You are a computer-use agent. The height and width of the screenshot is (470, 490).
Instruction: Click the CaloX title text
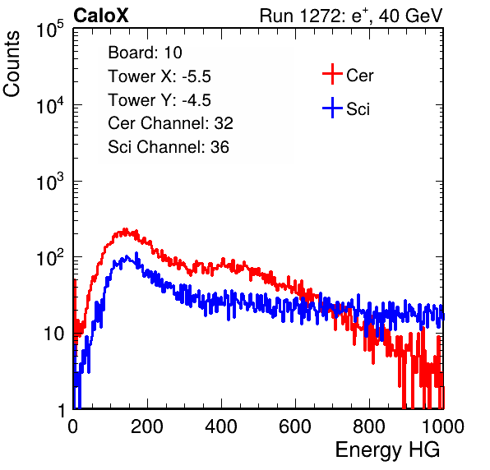(x=101, y=16)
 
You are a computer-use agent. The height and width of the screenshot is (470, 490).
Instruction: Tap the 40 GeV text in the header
(x=410, y=16)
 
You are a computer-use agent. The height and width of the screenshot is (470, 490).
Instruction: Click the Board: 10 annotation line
(x=145, y=53)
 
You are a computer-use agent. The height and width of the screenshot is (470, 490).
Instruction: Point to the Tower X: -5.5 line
(x=159, y=76)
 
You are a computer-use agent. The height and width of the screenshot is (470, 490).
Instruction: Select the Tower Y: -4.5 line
(x=159, y=100)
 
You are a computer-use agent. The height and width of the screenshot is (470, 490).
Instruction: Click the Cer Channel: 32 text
(x=170, y=123)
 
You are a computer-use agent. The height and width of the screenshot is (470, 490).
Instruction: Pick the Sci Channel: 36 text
(x=169, y=147)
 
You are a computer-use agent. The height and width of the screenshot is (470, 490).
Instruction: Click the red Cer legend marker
(x=332, y=74)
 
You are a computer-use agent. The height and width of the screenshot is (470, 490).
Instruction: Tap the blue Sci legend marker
(x=332, y=108)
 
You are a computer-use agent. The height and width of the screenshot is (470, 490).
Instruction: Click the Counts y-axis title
(x=12, y=64)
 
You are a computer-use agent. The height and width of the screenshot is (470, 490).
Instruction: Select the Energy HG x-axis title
(x=387, y=450)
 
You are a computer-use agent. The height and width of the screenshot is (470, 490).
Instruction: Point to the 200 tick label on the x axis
(x=147, y=426)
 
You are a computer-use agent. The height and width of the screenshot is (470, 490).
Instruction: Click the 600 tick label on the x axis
(x=295, y=426)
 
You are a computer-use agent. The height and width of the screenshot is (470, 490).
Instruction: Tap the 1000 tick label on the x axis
(x=443, y=426)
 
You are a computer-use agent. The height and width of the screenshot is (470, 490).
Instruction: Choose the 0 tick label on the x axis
(x=72, y=426)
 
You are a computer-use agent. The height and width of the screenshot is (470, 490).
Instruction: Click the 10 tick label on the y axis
(x=53, y=334)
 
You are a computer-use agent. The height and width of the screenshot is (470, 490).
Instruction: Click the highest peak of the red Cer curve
(x=125, y=229)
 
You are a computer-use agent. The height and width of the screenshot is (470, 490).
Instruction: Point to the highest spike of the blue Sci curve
(x=136, y=253)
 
